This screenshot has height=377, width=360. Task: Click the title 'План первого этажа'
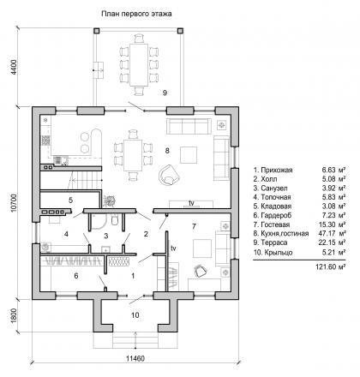(x=136, y=14)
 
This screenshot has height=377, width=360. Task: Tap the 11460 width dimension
(x=135, y=358)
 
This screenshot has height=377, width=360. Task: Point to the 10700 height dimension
(x=14, y=203)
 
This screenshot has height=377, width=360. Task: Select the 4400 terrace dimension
(x=14, y=67)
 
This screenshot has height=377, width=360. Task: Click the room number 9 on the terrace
(x=165, y=93)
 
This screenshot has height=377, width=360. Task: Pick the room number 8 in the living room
(x=167, y=150)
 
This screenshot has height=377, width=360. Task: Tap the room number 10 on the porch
(x=135, y=315)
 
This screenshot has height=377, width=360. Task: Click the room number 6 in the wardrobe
(x=76, y=276)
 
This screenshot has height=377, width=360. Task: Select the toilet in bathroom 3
(x=114, y=220)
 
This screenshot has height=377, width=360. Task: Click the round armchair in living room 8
(x=170, y=175)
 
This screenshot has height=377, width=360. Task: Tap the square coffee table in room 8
(x=189, y=155)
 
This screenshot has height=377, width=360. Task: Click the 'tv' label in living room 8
(x=191, y=203)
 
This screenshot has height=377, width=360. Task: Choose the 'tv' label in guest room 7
(x=173, y=248)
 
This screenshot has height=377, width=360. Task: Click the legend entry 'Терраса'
(x=274, y=242)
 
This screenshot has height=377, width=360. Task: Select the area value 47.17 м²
(x=332, y=233)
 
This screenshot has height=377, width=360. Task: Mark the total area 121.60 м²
(x=331, y=267)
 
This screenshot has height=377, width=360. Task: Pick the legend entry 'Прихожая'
(x=277, y=171)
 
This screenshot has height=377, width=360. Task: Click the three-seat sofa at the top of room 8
(x=189, y=126)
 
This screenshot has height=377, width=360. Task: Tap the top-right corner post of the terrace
(x=180, y=31)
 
